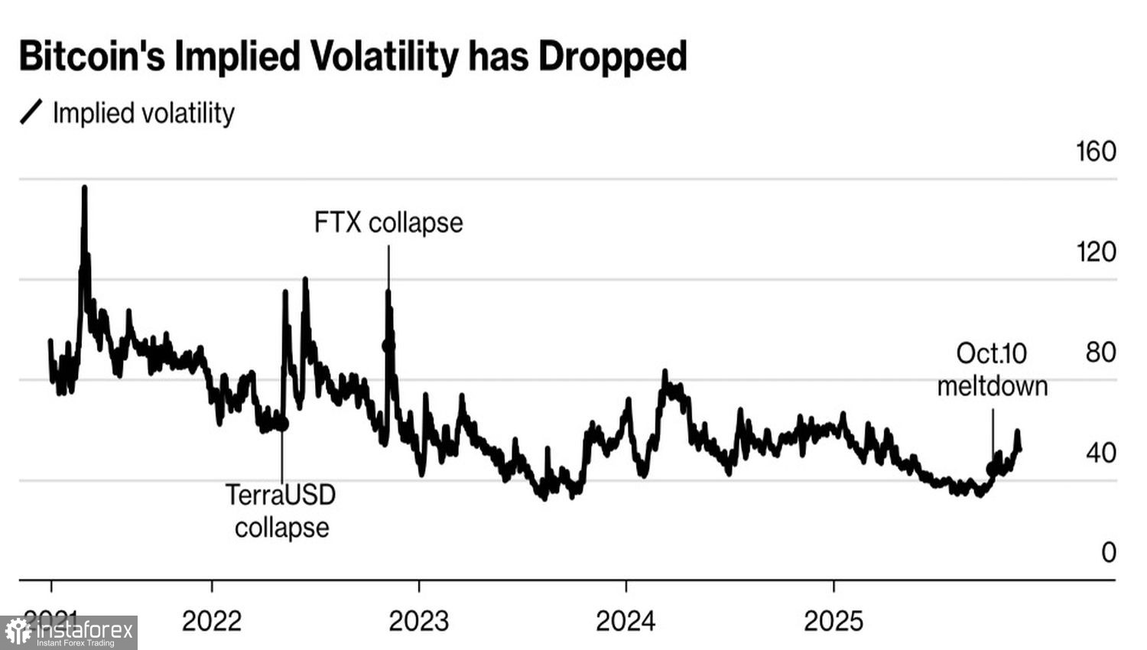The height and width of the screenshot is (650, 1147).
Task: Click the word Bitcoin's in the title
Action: (x=92, y=57)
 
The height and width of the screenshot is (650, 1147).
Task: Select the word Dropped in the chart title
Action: (x=612, y=57)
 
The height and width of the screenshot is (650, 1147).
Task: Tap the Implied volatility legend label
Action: (x=143, y=113)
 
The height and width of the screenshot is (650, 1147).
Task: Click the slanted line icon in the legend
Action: (x=31, y=112)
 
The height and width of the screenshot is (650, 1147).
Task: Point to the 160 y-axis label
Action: (x=1096, y=151)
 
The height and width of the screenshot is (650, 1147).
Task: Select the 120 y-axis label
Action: (x=1096, y=252)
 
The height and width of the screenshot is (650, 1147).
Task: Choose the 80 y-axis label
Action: (x=1100, y=353)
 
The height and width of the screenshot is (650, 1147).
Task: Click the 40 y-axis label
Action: (x=1100, y=453)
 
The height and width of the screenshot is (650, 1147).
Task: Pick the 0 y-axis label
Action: (x=1108, y=552)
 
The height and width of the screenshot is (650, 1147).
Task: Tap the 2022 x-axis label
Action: (x=212, y=621)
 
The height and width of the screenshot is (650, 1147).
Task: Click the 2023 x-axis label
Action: (x=418, y=621)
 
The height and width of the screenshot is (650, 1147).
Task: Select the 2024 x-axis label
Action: (x=625, y=621)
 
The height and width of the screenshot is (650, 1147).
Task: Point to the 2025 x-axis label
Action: (x=833, y=621)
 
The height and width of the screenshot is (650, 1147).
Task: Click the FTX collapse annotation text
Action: (x=388, y=223)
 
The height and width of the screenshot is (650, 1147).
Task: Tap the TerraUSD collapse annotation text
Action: (x=281, y=511)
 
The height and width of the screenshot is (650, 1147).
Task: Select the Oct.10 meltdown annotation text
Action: (x=992, y=369)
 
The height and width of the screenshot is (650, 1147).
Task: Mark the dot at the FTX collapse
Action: (x=388, y=346)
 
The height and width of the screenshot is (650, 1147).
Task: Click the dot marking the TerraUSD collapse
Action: (x=281, y=423)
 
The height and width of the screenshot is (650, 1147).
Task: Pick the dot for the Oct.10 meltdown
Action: (x=993, y=469)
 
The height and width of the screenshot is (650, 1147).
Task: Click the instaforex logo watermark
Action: (x=69, y=632)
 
